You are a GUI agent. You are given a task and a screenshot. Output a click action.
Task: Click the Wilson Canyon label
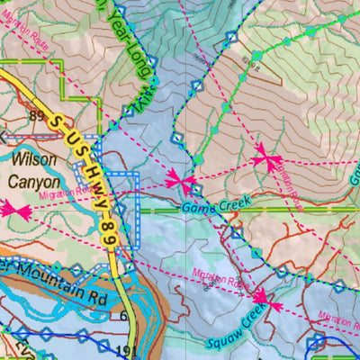point(35,168)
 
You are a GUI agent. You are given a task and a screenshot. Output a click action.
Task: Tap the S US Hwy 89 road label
point(85,166)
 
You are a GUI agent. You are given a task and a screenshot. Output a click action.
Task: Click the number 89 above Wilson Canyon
point(37,115)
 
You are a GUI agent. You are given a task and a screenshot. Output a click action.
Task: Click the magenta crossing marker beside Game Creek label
point(183,184)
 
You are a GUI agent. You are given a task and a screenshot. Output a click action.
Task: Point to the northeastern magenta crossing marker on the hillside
point(265,159)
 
